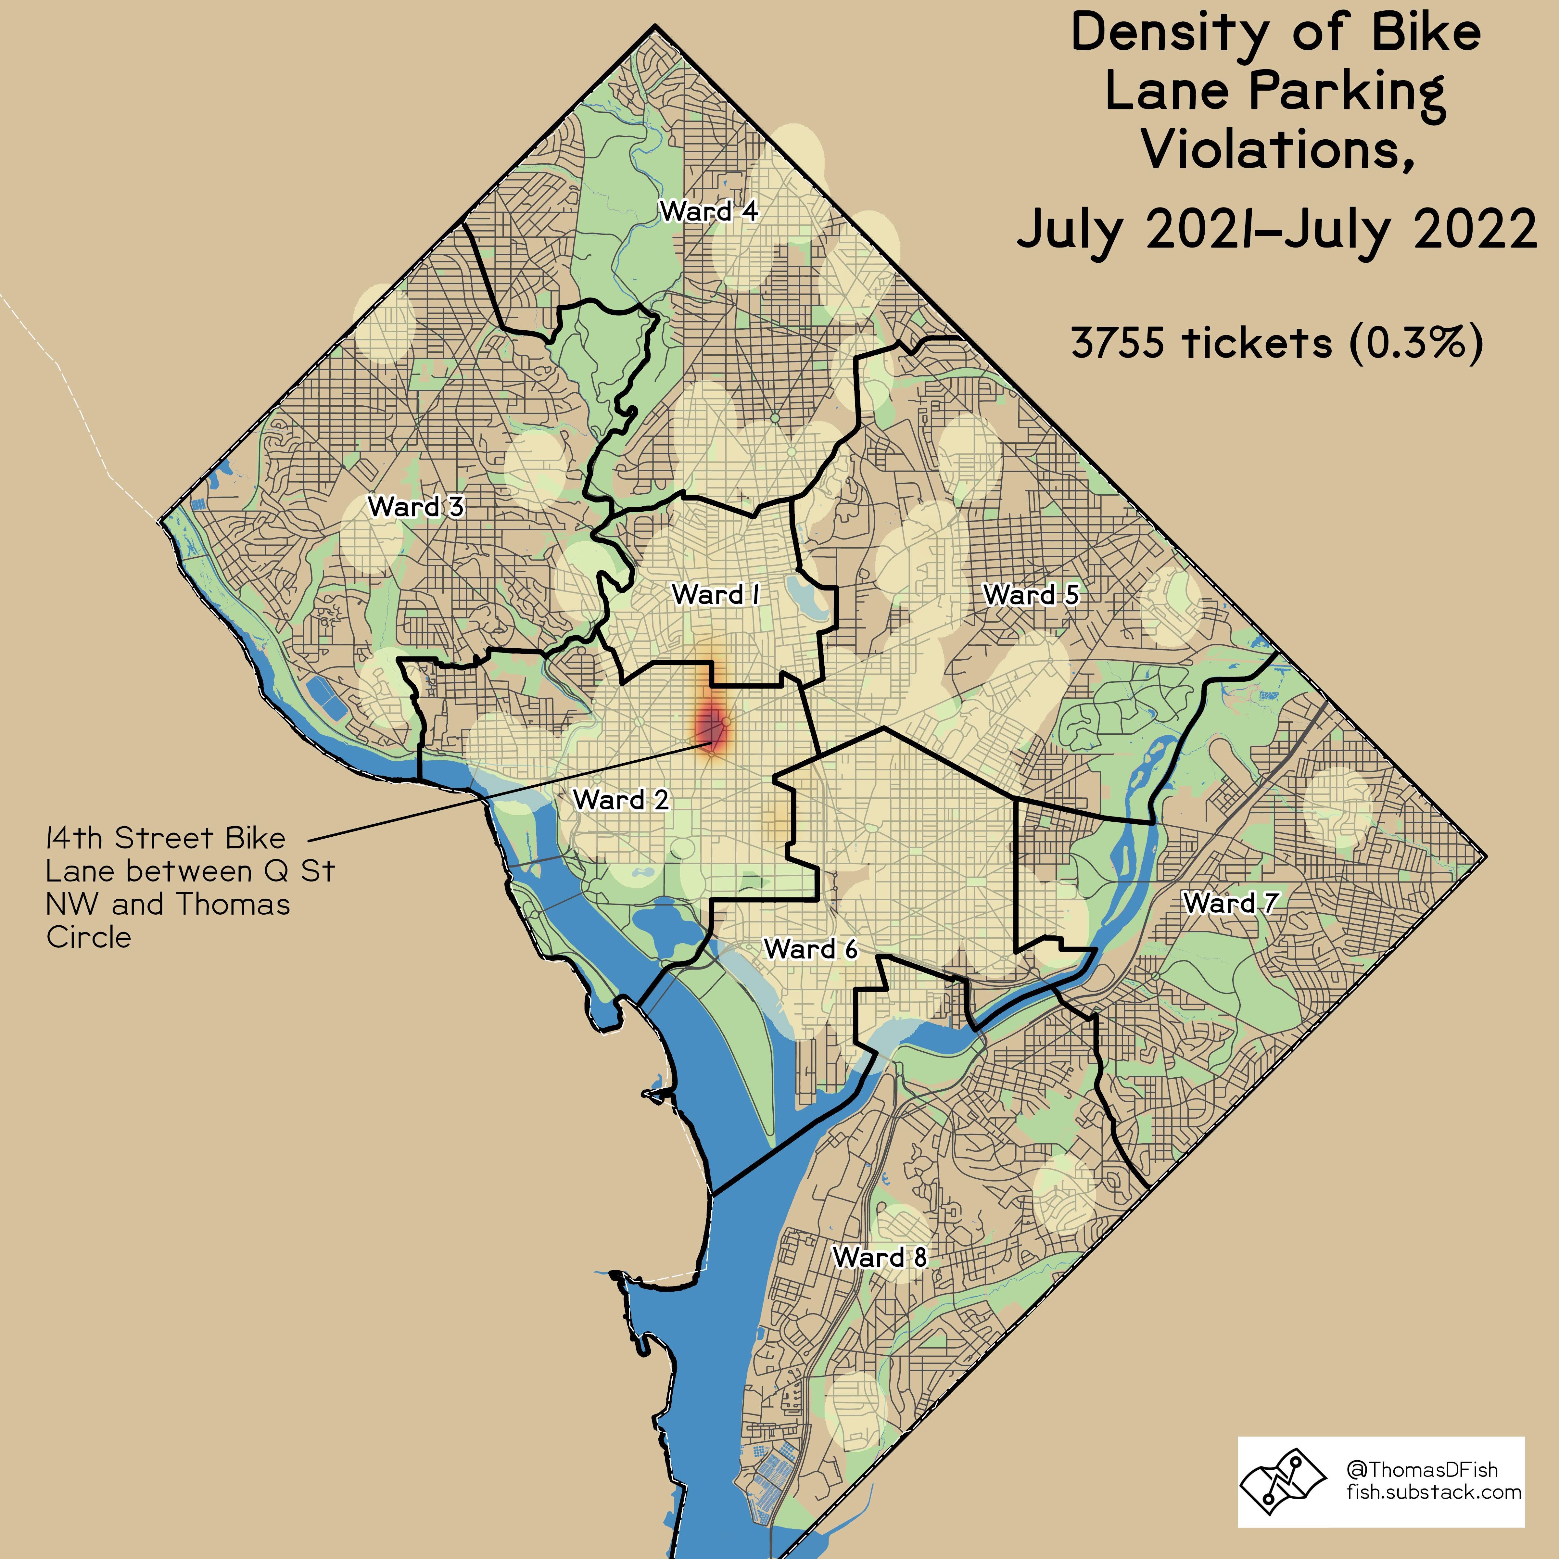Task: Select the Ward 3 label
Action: pyautogui.click(x=416, y=507)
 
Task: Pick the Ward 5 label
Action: pyautogui.click(x=1031, y=595)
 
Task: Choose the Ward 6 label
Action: pyautogui.click(x=810, y=949)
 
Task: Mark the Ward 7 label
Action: pyautogui.click(x=1230, y=902)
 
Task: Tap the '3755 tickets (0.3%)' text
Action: pyautogui.click(x=1276, y=343)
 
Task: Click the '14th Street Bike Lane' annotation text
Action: pyautogui.click(x=165, y=838)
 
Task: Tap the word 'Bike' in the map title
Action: pyautogui.click(x=1426, y=34)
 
